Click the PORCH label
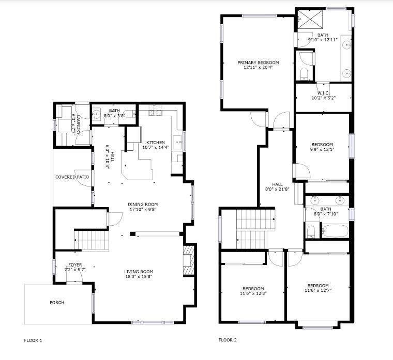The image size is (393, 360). click(57, 303)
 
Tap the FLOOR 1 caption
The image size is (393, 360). click(33, 340)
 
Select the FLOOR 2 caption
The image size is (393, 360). click(228, 340)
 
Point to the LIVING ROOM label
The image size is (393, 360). click(139, 272)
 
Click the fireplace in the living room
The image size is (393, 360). click(189, 260)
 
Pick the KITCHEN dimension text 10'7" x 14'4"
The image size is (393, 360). click(156, 147)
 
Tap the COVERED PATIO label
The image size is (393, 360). click(72, 177)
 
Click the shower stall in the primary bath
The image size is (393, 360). click(310, 19)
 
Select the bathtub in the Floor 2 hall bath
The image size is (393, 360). click(335, 231)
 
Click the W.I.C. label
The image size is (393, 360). click(324, 93)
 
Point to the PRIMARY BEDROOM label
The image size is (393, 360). click(258, 62)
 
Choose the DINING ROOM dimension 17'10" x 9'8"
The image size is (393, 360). click(143, 209)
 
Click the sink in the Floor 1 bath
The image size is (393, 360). click(96, 115)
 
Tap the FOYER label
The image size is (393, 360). click(75, 265)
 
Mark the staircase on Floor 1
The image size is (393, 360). click(92, 240)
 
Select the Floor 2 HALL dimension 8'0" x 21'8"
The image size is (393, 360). click(277, 189)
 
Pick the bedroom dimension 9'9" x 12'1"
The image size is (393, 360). click(322, 149)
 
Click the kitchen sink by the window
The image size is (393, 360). click(178, 142)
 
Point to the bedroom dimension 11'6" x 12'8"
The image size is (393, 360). click(253, 293)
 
